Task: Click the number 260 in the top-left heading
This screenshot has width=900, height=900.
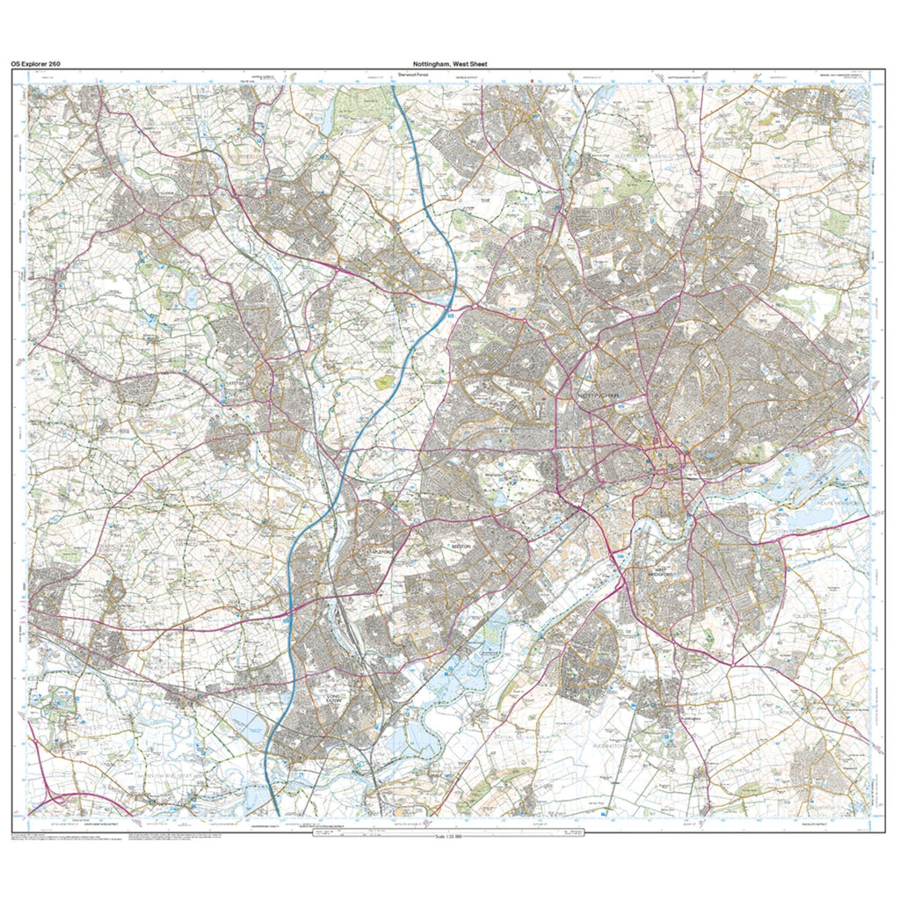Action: click(x=51, y=64)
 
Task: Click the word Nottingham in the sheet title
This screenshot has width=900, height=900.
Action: click(x=431, y=64)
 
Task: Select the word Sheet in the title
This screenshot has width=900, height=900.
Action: click(x=477, y=64)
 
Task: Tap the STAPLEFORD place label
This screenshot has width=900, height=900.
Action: click(x=379, y=550)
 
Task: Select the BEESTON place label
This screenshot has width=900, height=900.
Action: click(x=461, y=546)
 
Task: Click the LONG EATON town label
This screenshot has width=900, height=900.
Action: click(x=332, y=700)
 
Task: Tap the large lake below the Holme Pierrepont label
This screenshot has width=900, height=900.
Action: click(x=809, y=519)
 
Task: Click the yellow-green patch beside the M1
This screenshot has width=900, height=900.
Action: click(x=383, y=382)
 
